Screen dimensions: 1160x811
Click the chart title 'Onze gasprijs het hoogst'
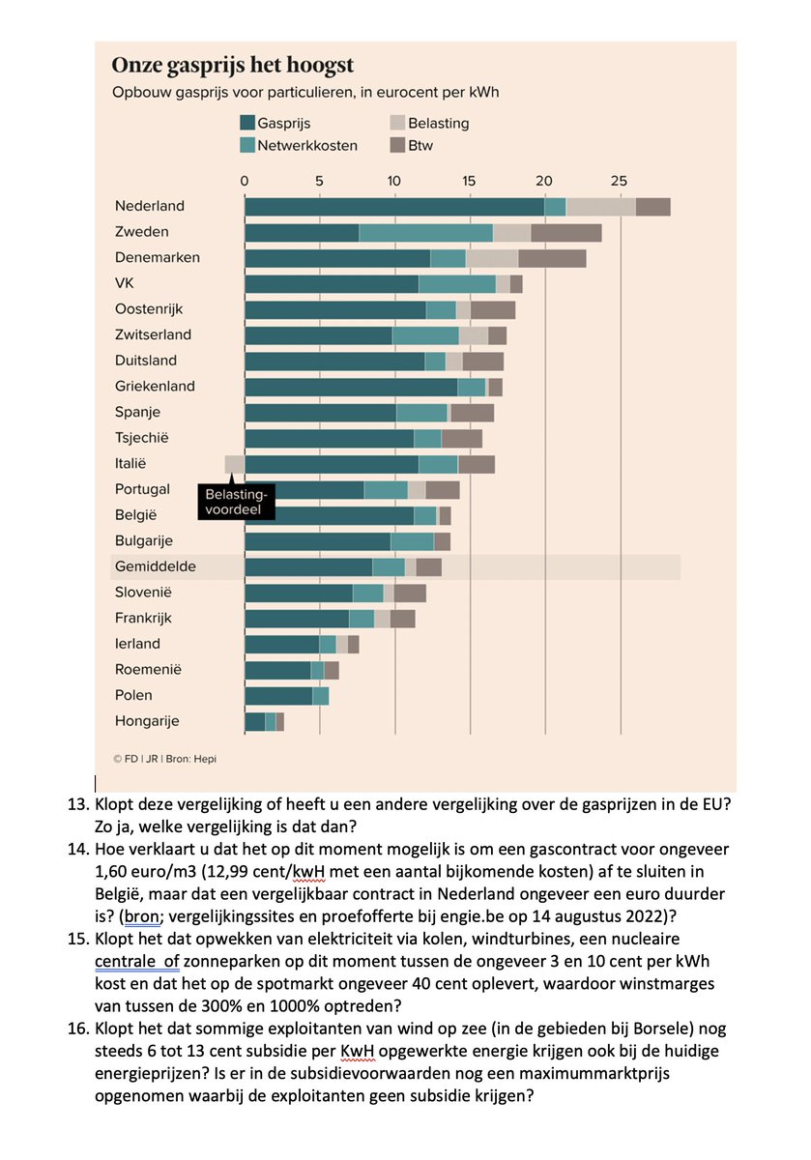(x=232, y=66)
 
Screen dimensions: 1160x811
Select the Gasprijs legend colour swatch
(x=247, y=124)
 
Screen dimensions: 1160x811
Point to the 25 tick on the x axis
(x=620, y=180)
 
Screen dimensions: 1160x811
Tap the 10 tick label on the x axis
(x=394, y=180)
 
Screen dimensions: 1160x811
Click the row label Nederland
(x=150, y=206)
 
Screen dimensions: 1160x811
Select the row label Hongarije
(x=147, y=720)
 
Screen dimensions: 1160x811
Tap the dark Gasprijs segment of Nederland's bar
(x=394, y=206)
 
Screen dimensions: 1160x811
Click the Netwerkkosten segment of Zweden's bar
(x=425, y=232)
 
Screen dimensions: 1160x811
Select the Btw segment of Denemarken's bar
(x=552, y=258)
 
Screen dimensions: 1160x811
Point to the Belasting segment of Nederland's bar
(x=600, y=206)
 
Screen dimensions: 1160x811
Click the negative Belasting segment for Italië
(x=234, y=464)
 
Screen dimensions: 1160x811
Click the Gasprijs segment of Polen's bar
(x=278, y=695)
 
